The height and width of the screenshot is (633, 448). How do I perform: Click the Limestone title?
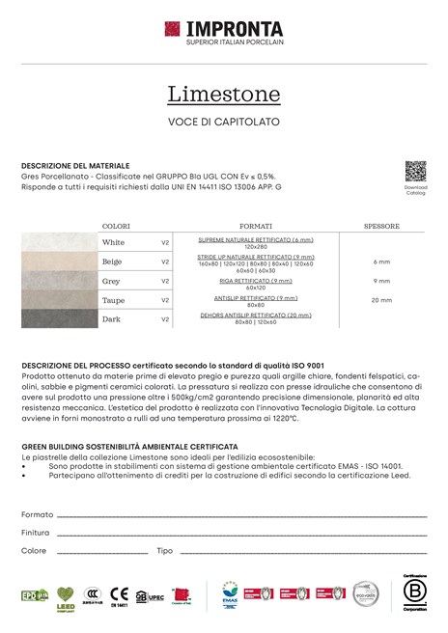click(x=224, y=94)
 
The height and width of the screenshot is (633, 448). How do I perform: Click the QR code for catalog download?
click(x=414, y=172)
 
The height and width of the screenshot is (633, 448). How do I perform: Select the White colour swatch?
click(x=60, y=242)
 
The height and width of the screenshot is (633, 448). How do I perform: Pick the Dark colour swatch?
click(x=60, y=318)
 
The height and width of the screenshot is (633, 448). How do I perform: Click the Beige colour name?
click(x=112, y=261)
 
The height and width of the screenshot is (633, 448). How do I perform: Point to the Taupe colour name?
click(x=113, y=300)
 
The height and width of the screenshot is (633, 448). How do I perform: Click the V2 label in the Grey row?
click(x=165, y=281)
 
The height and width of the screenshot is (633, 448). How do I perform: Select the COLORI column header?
click(x=116, y=226)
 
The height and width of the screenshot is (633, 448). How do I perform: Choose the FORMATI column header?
click(x=256, y=226)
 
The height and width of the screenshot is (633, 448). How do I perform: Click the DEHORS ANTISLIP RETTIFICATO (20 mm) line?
click(x=256, y=315)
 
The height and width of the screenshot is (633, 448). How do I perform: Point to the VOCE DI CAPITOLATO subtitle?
click(x=224, y=121)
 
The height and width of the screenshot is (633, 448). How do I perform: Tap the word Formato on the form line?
click(x=37, y=514)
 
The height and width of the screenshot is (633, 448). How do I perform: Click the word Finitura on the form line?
click(x=35, y=532)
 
